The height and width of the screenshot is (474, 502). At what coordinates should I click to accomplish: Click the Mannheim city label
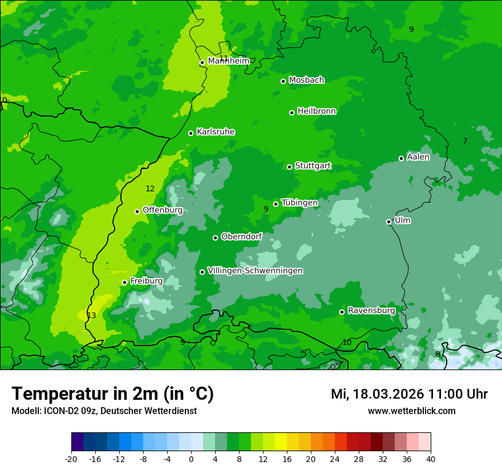228,61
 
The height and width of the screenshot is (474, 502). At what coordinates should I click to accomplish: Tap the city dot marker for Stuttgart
290,167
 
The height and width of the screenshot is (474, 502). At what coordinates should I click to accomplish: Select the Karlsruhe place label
216,132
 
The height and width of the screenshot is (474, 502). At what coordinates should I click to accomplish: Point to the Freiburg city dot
124,282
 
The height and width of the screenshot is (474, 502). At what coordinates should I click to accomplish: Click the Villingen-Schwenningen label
255,271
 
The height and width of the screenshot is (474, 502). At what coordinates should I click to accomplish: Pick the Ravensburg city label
371,311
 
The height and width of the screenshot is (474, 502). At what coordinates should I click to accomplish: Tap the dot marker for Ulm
389,222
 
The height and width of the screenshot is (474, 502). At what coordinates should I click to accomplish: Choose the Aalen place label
418,157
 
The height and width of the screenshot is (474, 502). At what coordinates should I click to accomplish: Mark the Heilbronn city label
317,111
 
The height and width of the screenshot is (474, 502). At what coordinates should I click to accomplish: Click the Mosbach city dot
283,81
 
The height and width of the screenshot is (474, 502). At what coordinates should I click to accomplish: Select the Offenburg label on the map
163,210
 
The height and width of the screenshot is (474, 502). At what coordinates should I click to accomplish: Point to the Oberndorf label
241,236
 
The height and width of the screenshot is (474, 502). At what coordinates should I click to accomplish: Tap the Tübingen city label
299,203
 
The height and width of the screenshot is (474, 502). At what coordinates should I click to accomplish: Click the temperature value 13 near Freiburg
91,315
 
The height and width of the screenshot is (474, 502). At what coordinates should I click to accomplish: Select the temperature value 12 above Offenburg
150,188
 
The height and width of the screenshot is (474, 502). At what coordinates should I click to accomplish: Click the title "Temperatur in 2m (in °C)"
112,393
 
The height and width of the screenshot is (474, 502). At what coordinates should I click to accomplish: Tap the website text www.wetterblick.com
411,411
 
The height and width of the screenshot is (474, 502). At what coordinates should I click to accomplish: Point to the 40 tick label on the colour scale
431,459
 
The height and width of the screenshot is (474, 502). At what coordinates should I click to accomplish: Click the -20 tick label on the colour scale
71,459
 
